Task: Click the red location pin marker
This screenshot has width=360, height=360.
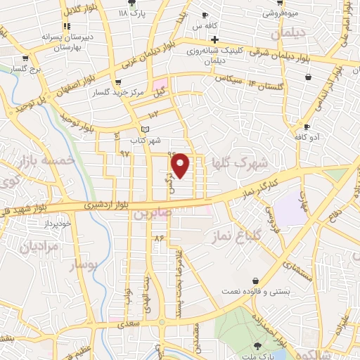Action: [181, 165]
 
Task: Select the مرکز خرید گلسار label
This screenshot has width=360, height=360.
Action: [112, 92]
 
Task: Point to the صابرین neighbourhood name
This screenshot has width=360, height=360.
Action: [153, 214]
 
